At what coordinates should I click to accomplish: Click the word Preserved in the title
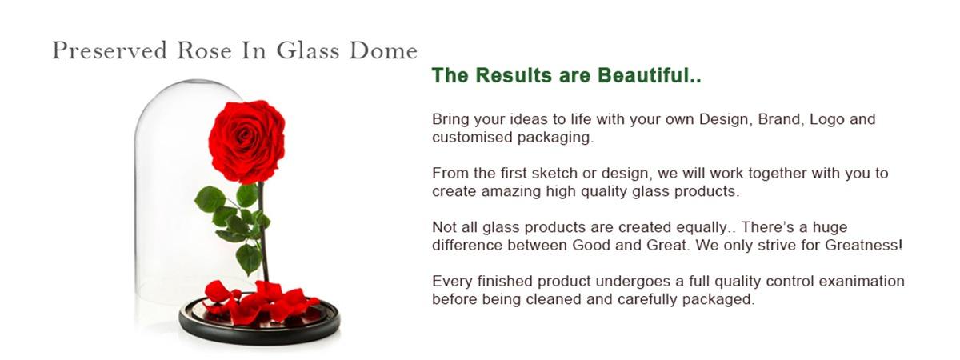click(110, 50)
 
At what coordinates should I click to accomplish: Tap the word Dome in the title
click(383, 50)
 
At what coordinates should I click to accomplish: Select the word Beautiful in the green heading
click(650, 75)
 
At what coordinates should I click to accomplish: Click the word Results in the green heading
click(514, 75)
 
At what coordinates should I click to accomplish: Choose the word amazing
click(511, 192)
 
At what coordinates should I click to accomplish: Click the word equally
click(703, 228)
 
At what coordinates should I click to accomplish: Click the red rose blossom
click(247, 142)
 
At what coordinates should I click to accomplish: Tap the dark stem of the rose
click(262, 231)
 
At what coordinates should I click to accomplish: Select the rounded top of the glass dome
click(189, 86)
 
